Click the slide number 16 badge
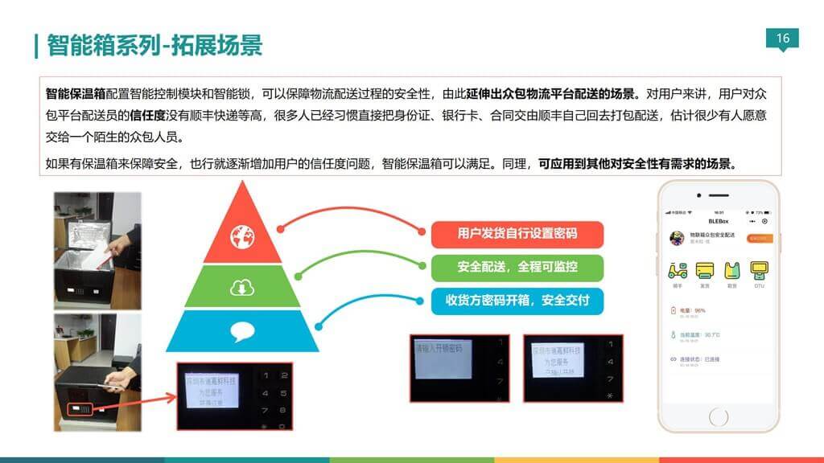pyautogui.click(x=783, y=38)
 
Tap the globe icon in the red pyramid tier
pyautogui.click(x=241, y=236)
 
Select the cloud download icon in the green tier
pyautogui.click(x=241, y=287)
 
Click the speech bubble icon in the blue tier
pyautogui.click(x=241, y=330)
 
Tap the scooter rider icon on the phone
pyautogui.click(x=678, y=271)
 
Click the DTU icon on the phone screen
pyautogui.click(x=758, y=271)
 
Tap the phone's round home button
pyautogui.click(x=719, y=416)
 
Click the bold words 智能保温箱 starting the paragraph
pyautogui.click(x=76, y=92)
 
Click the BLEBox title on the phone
pyautogui.click(x=718, y=221)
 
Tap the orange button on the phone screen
pyautogui.click(x=760, y=239)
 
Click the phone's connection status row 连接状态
pyautogui.click(x=697, y=359)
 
